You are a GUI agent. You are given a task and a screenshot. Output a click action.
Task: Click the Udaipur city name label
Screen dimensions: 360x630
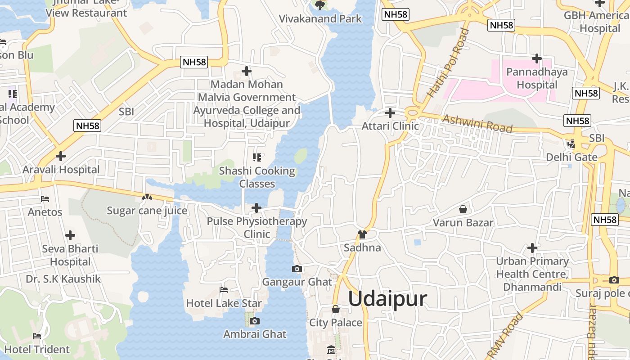[x=387, y=299]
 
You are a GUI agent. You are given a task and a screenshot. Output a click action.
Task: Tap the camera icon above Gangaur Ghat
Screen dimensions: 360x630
[x=297, y=269]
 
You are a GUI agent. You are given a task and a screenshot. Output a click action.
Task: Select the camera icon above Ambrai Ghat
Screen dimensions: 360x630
[x=255, y=321]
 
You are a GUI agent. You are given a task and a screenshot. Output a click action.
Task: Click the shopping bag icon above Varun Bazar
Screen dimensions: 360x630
[x=463, y=209]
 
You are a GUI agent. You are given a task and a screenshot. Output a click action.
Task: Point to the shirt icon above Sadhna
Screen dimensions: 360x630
[x=362, y=234]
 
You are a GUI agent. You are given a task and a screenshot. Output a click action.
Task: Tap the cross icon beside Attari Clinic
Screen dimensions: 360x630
[x=390, y=113]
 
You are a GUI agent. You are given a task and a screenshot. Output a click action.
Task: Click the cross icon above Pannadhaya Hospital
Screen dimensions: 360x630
[x=536, y=58]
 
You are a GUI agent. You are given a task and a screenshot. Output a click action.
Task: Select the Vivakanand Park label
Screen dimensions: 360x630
[x=320, y=19]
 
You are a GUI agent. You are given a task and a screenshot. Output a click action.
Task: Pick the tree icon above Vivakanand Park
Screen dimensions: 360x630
[x=320, y=5]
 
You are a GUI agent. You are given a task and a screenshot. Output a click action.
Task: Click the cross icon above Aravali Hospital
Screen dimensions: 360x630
[x=61, y=157]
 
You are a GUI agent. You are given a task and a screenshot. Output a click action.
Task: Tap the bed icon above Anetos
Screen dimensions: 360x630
[x=45, y=198]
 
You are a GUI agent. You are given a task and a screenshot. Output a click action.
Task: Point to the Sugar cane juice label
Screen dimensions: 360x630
[x=147, y=211]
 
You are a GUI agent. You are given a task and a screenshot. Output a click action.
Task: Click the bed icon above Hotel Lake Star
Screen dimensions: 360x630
[x=224, y=290]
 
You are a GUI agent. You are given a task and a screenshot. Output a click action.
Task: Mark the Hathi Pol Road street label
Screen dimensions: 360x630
[x=448, y=63]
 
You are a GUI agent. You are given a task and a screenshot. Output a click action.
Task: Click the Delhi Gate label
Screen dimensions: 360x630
[x=571, y=157]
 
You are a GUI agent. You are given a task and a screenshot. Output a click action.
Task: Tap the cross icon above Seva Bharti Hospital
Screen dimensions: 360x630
[x=70, y=235]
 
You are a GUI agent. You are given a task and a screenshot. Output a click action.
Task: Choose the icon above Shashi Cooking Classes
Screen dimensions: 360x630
[x=257, y=157]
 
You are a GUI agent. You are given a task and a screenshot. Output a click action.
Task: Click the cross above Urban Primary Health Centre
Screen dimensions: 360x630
[x=532, y=248]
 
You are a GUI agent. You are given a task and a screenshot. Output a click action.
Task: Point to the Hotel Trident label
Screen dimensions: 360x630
[x=37, y=349]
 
